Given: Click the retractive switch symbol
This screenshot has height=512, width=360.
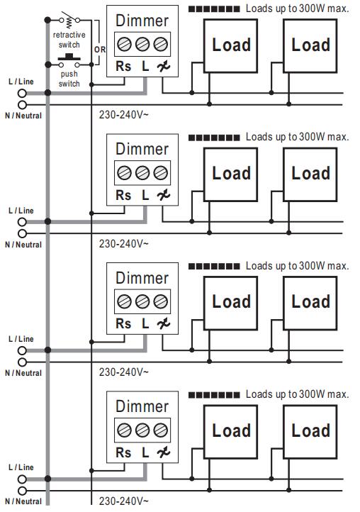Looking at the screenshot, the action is coord(69,20).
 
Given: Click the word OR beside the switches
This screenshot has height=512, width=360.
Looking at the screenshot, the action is coord(100,50).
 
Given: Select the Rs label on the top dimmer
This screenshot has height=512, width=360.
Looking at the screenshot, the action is coord(123,66).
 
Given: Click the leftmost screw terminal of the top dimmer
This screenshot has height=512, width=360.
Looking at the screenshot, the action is coord(124,44).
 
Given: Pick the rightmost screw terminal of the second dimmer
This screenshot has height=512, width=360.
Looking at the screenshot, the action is coord(161,173).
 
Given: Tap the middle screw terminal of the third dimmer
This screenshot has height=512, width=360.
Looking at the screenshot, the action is coord(142,301).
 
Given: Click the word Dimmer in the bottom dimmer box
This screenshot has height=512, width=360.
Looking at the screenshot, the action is coord(142,406).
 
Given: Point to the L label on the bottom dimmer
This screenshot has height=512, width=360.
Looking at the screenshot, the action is coord(145,452).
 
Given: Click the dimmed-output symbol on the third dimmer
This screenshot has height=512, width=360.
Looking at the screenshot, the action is coord(163,324).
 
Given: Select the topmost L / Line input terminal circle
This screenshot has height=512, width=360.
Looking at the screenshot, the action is coord(22,94).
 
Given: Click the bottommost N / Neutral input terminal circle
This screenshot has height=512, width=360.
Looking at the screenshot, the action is coord(22,491).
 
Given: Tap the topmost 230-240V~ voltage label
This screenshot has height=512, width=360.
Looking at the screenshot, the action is coord(124,115).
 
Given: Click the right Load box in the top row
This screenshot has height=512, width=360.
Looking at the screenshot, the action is coord(310,45).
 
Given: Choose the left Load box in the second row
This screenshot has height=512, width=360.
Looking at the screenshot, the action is coord(230,174).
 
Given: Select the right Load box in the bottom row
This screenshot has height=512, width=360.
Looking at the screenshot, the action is coord(310,432).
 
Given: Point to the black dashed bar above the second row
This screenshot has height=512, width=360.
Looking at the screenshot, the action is coord(214,138).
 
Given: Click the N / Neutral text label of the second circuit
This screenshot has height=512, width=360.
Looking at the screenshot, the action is coord(23,245).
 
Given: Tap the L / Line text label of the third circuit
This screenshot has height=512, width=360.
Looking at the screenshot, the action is coord(21,339).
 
